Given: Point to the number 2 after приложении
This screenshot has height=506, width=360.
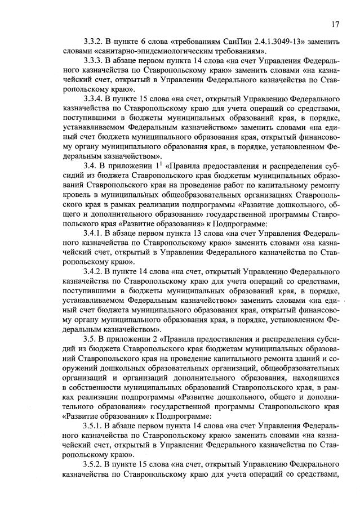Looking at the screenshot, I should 151,337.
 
